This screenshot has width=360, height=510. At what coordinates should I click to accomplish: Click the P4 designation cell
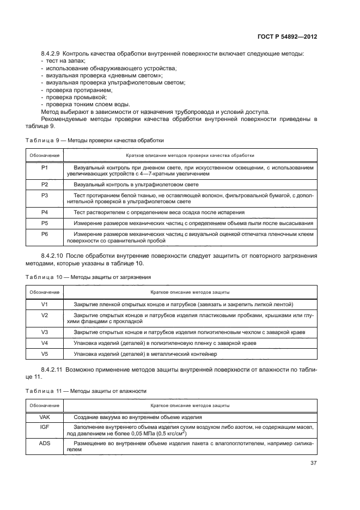tap(45, 212)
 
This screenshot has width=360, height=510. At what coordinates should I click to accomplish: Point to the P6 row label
tap(45, 234)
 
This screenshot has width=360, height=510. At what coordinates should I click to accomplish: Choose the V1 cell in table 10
tap(45, 304)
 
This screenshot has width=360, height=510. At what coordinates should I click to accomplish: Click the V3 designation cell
tap(45, 332)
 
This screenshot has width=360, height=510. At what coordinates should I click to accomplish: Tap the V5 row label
tap(45, 354)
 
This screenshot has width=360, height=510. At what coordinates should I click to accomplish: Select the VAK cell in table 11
tap(45, 417)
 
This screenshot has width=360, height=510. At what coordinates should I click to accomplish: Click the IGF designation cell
tap(45, 428)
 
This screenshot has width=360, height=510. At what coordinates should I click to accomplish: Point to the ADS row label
tap(45, 442)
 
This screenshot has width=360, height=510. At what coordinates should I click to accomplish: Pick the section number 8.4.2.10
tap(53, 256)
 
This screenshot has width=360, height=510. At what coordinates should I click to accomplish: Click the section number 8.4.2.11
tap(53, 369)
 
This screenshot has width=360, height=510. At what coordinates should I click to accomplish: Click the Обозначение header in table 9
tap(45, 155)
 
